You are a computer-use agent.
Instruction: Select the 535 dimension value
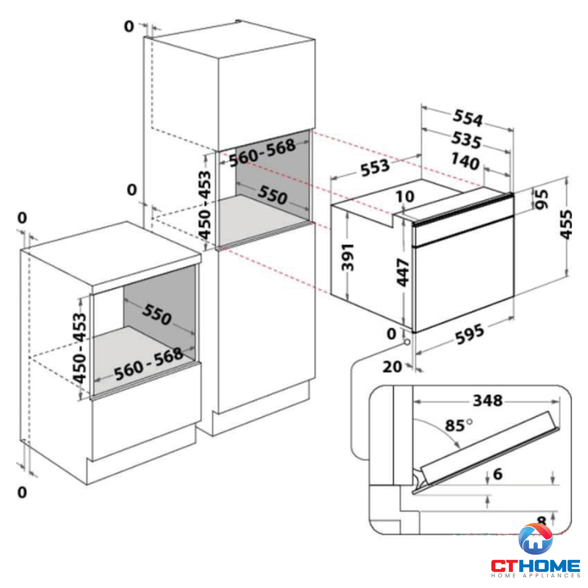pos(466,140)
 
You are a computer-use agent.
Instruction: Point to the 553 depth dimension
pos(375,167)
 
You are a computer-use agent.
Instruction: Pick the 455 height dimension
pos(566,224)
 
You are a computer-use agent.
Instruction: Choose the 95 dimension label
pos(542,199)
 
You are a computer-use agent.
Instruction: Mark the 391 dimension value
pos(348,257)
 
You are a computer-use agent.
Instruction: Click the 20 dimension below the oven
pos(392,367)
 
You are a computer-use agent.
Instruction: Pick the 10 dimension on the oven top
pos(405,196)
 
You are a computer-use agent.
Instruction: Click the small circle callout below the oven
pos(407,342)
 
